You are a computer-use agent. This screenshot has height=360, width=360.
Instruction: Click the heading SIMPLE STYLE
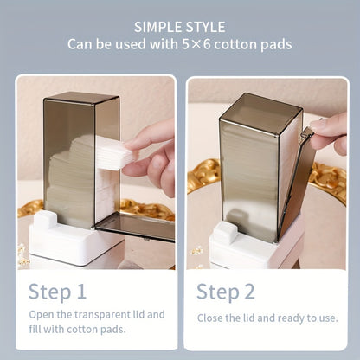point(180,26)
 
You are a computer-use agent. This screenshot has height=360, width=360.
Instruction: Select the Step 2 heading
point(225,290)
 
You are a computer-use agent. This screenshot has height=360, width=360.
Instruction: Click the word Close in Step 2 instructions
point(212,318)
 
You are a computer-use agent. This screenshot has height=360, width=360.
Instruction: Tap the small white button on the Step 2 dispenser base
point(226,232)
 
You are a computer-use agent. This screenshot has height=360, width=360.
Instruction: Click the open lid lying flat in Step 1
point(134,227)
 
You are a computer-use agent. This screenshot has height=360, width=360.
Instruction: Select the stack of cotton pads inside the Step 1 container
point(74,182)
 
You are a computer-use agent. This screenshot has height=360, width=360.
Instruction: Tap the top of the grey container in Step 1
point(82,98)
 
